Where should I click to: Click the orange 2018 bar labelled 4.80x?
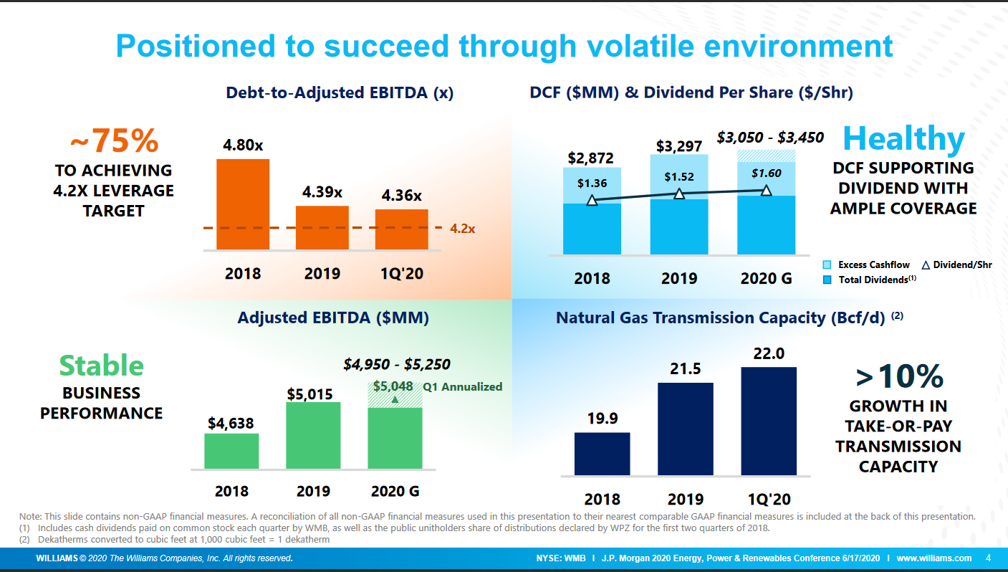[x=243, y=204]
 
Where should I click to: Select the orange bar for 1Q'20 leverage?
[x=401, y=229]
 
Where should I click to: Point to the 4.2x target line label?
[x=463, y=229]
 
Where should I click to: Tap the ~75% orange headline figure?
[x=114, y=141]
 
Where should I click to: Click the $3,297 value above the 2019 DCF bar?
[x=679, y=146]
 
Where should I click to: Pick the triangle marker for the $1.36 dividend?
[x=592, y=200]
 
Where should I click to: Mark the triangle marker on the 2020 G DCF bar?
[x=766, y=190]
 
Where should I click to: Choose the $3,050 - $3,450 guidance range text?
[x=770, y=137]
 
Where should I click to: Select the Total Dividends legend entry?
[x=870, y=280]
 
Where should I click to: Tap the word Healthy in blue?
[x=903, y=138]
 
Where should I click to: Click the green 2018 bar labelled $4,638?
[x=231, y=451]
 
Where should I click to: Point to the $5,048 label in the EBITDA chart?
[x=393, y=386]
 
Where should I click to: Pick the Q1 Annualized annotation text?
[x=463, y=387]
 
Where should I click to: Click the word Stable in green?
[x=101, y=366]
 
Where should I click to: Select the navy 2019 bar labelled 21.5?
[x=685, y=429]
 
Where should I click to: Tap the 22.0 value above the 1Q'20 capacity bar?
[x=769, y=354]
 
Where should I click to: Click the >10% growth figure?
[x=899, y=376]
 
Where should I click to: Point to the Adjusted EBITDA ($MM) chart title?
[x=333, y=318]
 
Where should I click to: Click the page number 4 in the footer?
[x=988, y=558]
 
